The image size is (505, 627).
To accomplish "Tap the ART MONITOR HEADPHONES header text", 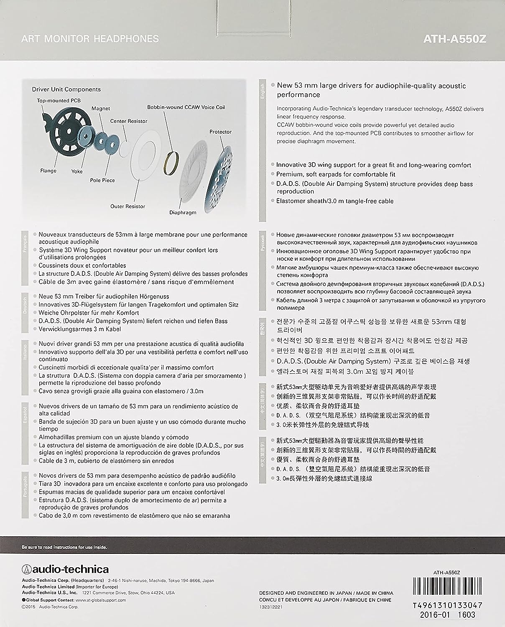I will [90, 39].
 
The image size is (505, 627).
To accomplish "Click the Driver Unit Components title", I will [66, 89].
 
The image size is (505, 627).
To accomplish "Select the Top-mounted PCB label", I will [59, 100].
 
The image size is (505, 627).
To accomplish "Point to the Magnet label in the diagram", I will [101, 108].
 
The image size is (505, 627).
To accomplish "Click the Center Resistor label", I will [129, 121].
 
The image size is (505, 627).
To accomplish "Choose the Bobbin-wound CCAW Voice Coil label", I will [186, 107].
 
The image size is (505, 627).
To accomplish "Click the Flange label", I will [48, 171].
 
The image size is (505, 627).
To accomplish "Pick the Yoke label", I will [77, 171].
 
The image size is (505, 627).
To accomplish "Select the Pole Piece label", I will [102, 180].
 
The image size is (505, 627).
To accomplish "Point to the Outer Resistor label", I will [128, 206].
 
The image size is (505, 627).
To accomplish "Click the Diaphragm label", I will [183, 212].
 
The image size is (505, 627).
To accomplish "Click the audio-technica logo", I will [65, 569].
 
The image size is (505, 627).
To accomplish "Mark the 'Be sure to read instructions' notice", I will [64, 547].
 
